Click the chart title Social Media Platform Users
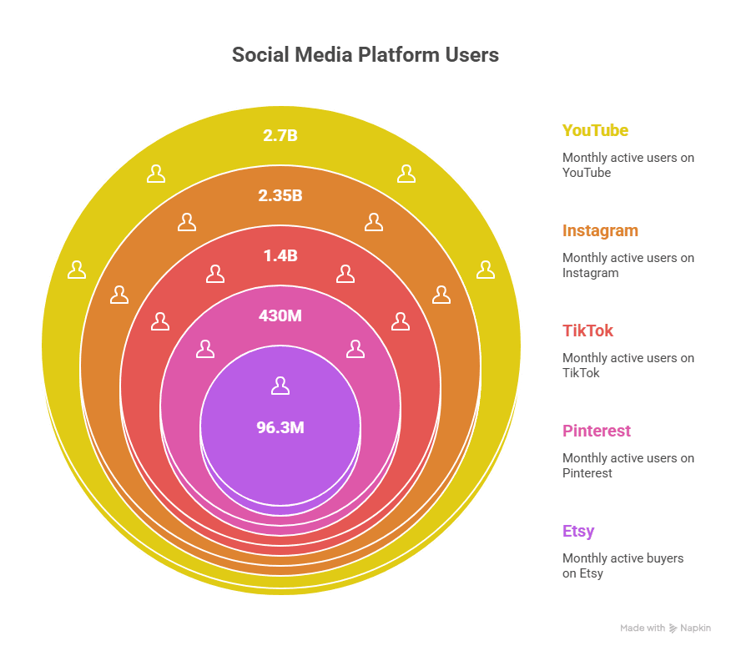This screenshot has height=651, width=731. [365, 55]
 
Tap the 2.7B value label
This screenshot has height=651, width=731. [280, 135]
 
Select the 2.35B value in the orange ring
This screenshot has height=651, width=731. [280, 196]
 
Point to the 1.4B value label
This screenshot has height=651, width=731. [280, 255]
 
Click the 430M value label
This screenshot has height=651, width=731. [280, 316]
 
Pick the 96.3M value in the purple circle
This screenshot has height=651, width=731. [280, 428]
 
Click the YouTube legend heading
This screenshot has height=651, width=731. [595, 130]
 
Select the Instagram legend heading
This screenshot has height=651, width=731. [600, 230]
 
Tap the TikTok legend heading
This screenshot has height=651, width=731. [587, 331]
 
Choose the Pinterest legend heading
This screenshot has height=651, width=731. [596, 431]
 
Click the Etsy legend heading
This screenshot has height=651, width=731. [578, 531]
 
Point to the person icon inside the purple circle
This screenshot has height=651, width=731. [280, 386]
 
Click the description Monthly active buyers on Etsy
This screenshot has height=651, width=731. [623, 566]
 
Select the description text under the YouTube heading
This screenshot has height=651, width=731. [628, 165]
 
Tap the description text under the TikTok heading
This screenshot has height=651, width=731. [628, 366]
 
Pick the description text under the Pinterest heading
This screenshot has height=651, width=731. [628, 466]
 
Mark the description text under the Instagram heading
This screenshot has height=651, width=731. [628, 265]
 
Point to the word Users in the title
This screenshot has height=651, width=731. [471, 55]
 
